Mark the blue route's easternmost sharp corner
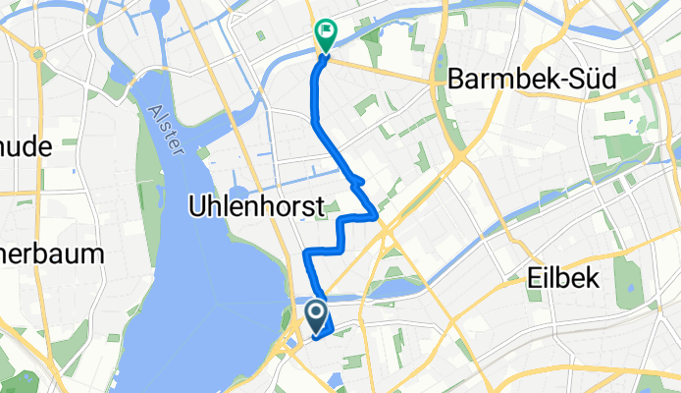pyautogui.click(x=377, y=215)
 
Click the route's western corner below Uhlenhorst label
pyautogui.click(x=307, y=253)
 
